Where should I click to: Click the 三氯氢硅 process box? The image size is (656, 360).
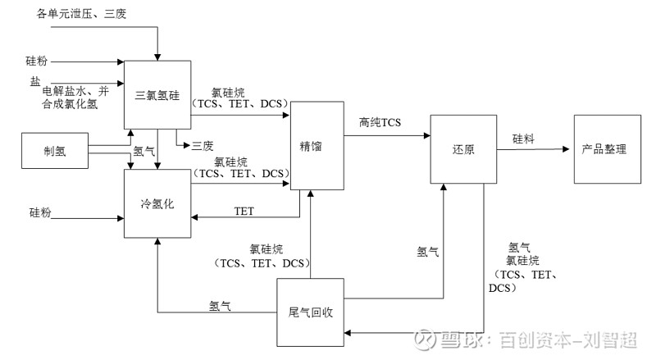click(157, 93)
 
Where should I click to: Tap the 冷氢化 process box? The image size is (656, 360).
click(157, 203)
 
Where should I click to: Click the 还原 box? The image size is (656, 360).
click(463, 150)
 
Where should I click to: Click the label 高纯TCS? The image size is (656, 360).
click(380, 123)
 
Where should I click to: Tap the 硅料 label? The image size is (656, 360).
click(525, 139)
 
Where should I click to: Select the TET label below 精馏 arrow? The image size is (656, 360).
click(244, 211)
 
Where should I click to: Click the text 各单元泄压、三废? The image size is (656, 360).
click(82, 15)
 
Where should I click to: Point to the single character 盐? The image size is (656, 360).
click(34, 80)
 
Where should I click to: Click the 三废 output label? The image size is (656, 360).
click(203, 146)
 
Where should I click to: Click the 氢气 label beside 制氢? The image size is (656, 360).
click(144, 151)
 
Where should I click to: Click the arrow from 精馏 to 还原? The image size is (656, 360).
click(385, 134)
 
